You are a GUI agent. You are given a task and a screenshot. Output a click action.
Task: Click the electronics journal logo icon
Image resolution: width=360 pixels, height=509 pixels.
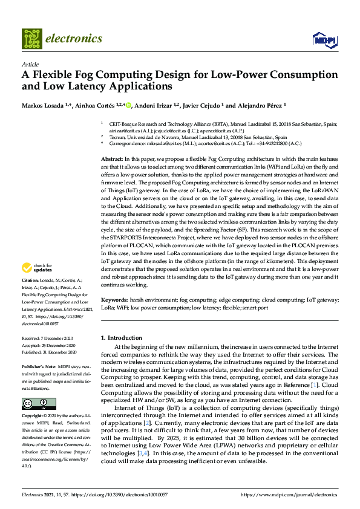point(32,39)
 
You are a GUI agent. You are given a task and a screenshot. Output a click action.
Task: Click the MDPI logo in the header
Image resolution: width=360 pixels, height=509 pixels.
point(324,40)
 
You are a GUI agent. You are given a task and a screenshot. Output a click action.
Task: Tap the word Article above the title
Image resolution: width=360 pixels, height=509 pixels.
point(30,64)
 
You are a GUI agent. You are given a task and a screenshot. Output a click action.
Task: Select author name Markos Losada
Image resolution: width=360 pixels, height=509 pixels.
point(41,106)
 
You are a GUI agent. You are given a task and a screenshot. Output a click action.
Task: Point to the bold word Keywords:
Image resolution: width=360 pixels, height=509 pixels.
point(114,300)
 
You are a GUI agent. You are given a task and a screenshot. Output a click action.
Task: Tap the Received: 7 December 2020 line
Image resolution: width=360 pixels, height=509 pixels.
point(48,339)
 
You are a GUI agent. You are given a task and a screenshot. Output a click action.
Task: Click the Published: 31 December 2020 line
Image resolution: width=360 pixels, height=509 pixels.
point(49,351)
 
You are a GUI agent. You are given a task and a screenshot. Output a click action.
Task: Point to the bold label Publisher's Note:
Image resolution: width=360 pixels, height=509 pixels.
point(38,366)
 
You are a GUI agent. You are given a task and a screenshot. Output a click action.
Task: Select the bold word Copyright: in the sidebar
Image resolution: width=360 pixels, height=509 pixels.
point(33,417)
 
